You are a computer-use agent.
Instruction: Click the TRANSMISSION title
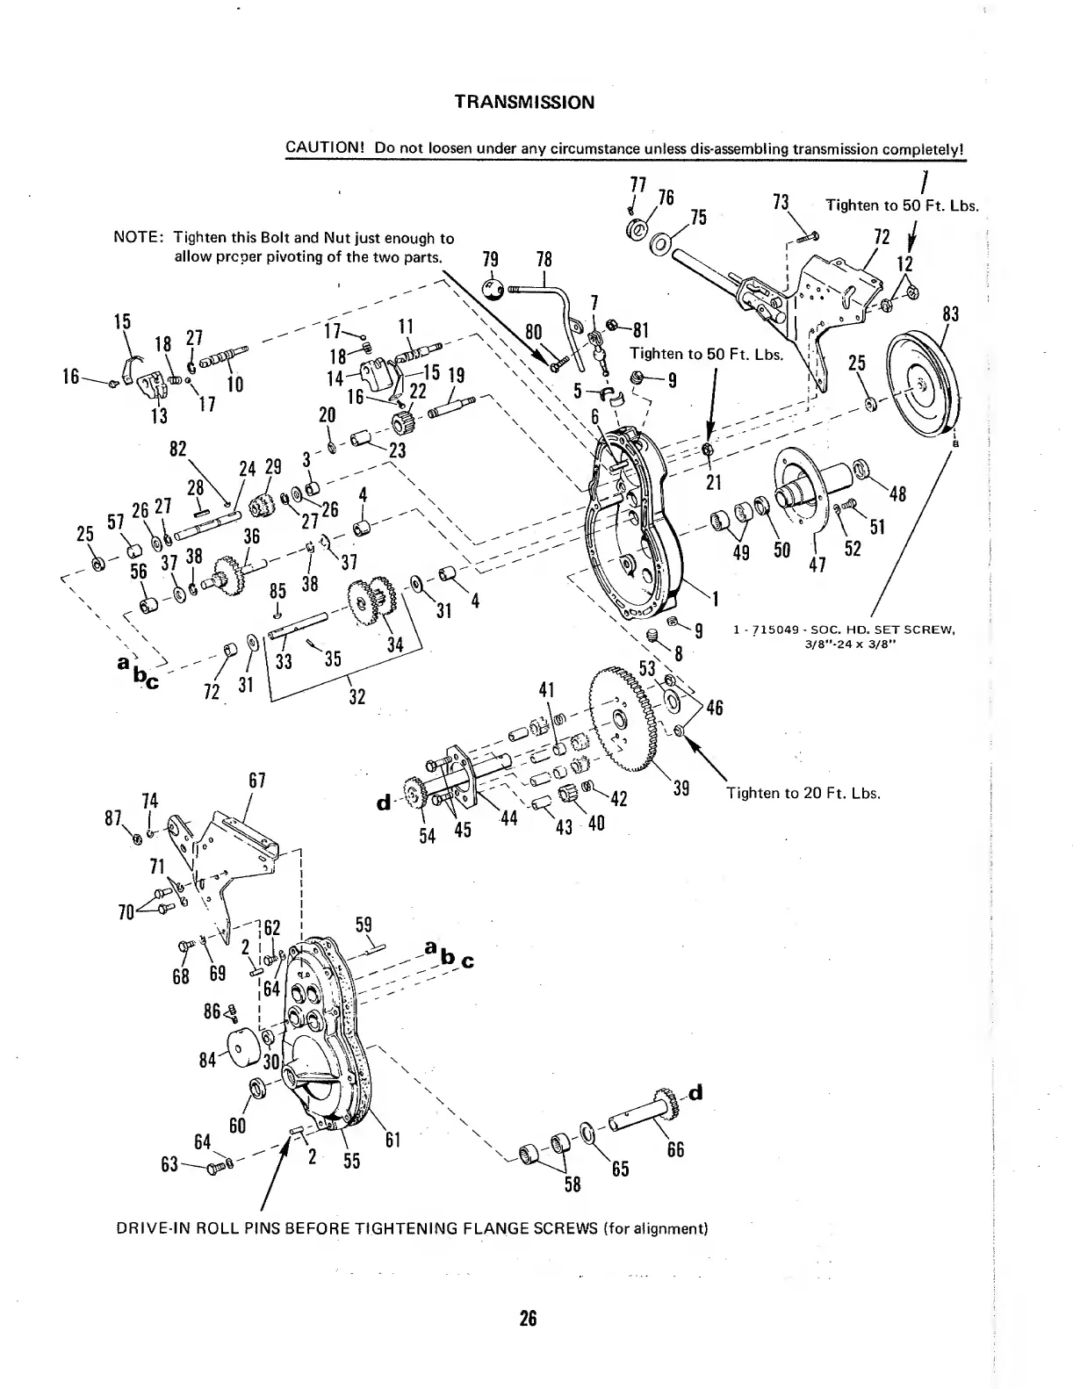coord(524,102)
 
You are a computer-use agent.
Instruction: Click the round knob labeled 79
coord(494,289)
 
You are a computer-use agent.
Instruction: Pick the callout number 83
coord(950,314)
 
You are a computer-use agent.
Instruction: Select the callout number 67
coord(257,780)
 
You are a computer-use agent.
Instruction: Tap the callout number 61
coord(393,1141)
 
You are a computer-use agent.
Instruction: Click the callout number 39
coord(681,788)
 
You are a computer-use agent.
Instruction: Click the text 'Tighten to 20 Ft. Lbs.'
coord(803,793)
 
